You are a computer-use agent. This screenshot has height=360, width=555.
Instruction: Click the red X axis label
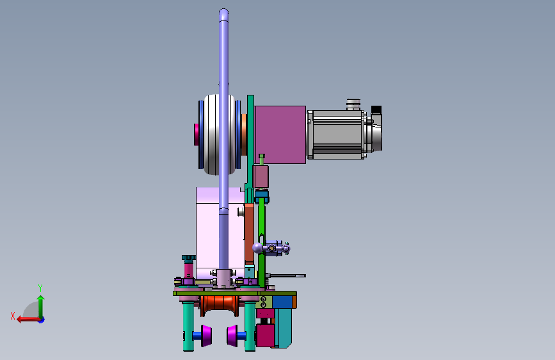tap(13, 316)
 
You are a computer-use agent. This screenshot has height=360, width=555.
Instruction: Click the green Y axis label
tap(40, 288)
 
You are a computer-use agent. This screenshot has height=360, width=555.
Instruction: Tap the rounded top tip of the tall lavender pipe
tap(223, 11)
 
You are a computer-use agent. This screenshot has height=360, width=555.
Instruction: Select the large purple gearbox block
tap(280, 135)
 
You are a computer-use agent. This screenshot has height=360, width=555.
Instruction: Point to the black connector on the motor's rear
tap(376, 110)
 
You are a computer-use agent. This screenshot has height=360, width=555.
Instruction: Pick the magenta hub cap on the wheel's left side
tap(196, 135)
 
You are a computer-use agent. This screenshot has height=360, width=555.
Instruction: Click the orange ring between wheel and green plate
tap(245, 135)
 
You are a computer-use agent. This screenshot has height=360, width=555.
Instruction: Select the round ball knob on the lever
tap(258, 248)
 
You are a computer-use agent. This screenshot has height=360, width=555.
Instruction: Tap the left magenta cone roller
tap(206, 336)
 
